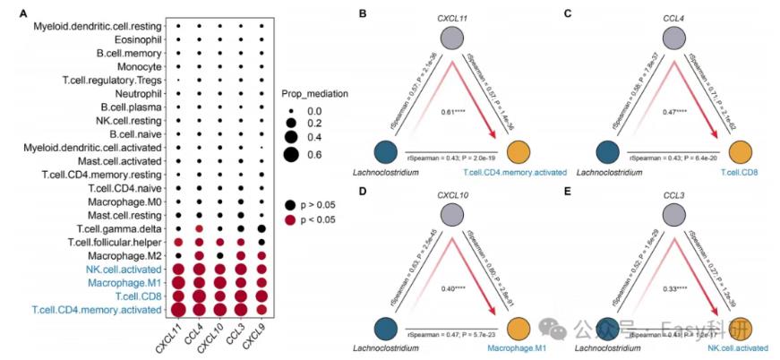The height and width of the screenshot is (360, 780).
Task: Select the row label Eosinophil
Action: point(138,40)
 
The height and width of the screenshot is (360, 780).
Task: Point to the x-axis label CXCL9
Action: point(257,339)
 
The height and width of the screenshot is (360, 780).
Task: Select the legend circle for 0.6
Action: point(291,155)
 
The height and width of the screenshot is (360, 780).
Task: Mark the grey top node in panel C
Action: point(678,40)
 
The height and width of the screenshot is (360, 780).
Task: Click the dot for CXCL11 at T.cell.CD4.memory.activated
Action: point(178,310)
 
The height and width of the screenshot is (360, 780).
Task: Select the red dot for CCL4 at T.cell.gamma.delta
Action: point(199,229)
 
